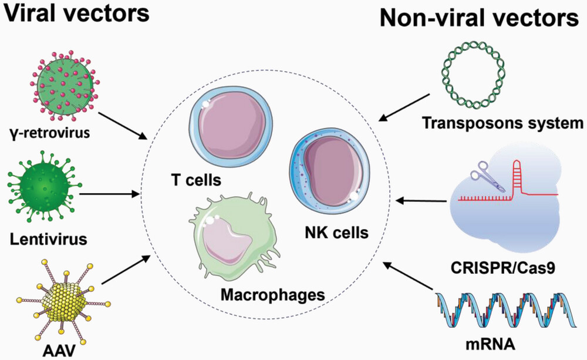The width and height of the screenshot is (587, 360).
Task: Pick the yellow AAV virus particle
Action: click(x=61, y=302)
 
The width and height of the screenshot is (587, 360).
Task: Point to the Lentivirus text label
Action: click(x=48, y=239)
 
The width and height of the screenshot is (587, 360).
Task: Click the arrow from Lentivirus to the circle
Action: click(x=109, y=193)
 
